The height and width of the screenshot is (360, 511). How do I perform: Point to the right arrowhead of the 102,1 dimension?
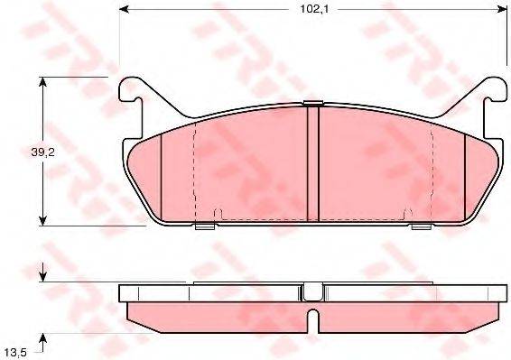[x=501, y=10]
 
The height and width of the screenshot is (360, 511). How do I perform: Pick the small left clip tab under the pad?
[x=205, y=226]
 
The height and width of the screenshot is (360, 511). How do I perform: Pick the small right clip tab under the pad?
[x=421, y=226]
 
